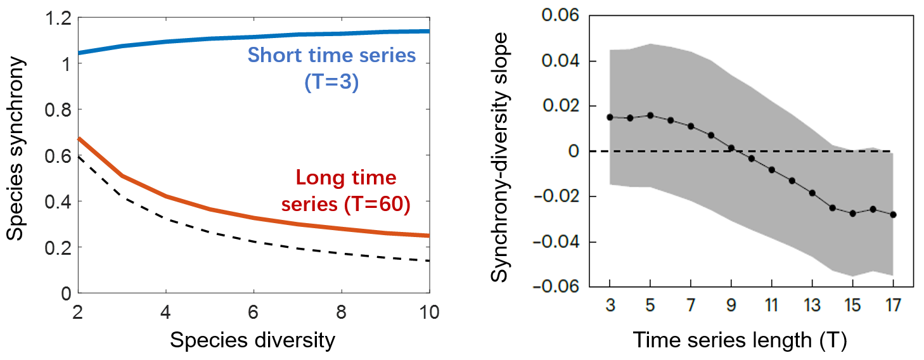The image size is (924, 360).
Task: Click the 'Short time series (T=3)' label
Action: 331,68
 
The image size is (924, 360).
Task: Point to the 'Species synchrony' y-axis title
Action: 17,149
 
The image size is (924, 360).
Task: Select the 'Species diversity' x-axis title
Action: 252,340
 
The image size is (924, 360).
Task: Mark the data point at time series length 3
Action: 610,117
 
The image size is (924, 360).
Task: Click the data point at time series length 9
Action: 731,148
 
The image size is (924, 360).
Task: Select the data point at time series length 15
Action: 852,213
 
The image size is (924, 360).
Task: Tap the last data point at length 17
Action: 893,214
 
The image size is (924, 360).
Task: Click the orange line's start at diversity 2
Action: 79,139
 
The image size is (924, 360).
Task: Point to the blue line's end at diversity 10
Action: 428,31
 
